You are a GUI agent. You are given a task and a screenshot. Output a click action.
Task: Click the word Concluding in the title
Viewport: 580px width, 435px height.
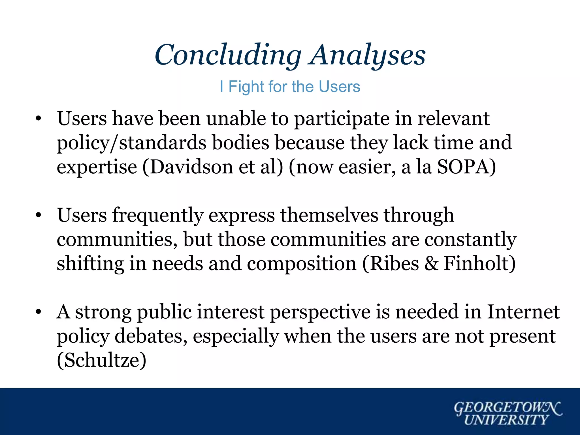pos(228,55)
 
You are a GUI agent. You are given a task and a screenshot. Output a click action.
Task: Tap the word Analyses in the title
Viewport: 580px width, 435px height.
pos(367,55)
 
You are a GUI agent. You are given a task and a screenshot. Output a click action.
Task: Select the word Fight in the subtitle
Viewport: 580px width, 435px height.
pos(246,87)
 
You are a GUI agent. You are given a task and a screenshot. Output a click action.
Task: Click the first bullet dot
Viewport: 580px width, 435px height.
pos(39,119)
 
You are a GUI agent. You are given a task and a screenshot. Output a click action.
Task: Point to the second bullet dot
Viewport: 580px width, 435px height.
pos(39,216)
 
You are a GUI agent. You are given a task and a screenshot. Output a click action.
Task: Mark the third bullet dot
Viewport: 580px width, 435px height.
pos(39,312)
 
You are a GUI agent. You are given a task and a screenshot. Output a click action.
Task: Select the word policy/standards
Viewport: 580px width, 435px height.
pos(132,143)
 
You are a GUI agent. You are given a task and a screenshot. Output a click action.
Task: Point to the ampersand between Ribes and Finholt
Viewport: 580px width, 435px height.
pos(431,264)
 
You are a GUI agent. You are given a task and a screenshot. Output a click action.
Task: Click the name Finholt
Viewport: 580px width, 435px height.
pos(476,264)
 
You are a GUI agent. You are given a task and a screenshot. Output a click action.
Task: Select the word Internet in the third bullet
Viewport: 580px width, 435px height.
pos(523,312)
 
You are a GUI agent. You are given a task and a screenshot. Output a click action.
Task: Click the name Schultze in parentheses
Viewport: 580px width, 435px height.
pos(102,360)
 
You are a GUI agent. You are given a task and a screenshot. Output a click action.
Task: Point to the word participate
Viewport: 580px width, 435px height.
pos(341,119)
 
